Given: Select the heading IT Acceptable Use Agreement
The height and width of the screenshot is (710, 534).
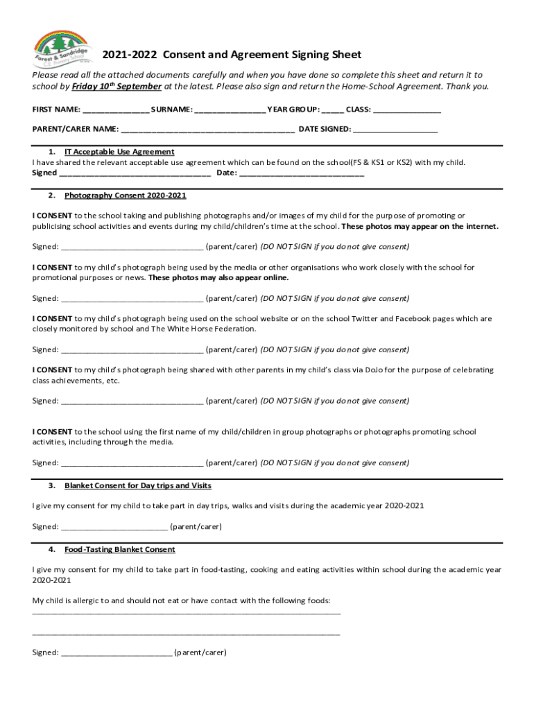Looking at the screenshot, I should pos(119,152).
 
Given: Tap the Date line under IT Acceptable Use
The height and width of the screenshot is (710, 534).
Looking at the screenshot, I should pos(301,173).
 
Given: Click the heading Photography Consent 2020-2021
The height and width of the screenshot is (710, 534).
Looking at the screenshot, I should pos(126,196).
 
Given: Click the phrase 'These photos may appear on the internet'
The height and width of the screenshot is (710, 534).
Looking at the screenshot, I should pos(420,226).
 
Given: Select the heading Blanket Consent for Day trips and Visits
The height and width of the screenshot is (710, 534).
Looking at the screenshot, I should pos(138,485).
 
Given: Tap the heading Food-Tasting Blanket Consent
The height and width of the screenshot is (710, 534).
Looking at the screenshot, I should pos(120,549).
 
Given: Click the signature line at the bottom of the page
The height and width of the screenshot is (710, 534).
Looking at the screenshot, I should pos(117,653).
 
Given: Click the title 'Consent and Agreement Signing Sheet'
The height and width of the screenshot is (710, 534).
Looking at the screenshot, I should pos(261,55).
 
